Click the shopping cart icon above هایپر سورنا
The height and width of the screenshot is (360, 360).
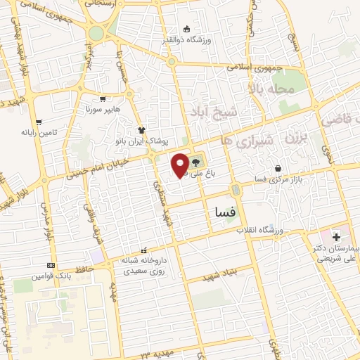103,99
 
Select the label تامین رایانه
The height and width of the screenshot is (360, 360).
37,131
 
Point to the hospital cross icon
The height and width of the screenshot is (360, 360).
336,236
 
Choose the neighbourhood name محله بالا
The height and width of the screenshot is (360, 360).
269,89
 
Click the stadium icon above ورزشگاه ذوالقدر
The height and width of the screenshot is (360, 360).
187,29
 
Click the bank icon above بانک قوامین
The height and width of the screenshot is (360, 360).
50,265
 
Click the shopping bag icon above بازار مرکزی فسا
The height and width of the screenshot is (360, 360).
280,169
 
